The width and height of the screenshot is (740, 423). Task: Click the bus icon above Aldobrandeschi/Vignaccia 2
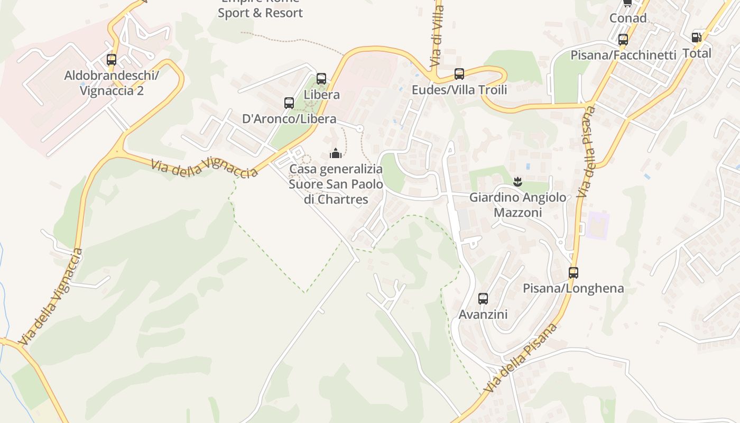click(x=111, y=60)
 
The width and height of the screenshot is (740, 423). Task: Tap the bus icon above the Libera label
click(x=321, y=79)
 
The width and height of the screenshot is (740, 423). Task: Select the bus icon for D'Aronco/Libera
click(x=289, y=103)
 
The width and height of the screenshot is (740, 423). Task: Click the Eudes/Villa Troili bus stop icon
click(x=459, y=74)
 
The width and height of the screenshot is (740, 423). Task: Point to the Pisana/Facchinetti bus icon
click(x=623, y=40)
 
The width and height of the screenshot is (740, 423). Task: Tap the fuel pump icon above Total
click(x=696, y=38)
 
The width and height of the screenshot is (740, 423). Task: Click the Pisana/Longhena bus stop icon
click(x=573, y=273)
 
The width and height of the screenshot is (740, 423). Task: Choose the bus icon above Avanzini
click(x=483, y=299)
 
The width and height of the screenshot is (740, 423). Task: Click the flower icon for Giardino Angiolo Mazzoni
click(x=517, y=182)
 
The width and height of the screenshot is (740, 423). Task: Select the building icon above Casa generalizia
click(x=336, y=154)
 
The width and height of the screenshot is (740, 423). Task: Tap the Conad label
click(x=628, y=19)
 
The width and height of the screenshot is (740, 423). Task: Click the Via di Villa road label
click(x=437, y=34)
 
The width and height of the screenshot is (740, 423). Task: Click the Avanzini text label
click(x=483, y=315)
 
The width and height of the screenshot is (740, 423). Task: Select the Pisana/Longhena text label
click(x=573, y=289)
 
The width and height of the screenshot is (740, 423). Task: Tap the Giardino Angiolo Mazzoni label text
click(x=517, y=205)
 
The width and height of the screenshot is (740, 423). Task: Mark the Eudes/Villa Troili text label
click(x=459, y=90)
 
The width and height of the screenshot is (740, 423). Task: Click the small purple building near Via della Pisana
click(x=598, y=224)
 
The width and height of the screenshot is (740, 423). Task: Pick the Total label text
click(x=697, y=53)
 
